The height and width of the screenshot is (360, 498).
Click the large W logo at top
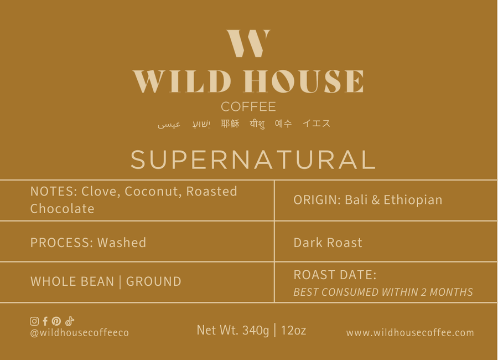248,44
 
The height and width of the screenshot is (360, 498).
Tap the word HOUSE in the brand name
304,81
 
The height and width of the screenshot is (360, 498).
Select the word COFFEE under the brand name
248,107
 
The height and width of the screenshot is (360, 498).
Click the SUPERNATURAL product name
253,160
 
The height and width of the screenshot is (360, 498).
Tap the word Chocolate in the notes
62,209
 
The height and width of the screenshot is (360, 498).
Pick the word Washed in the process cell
122,243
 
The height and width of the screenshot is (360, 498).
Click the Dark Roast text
328,243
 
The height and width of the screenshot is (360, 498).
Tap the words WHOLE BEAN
72,281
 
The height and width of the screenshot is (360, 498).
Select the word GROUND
154,281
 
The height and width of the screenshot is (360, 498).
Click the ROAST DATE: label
335,275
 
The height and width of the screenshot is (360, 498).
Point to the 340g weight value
256,331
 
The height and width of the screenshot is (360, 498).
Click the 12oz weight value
293,331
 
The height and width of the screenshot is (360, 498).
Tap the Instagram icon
34,321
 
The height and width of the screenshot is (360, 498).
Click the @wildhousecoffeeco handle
79,333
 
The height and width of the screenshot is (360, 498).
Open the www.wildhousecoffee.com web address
410,333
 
